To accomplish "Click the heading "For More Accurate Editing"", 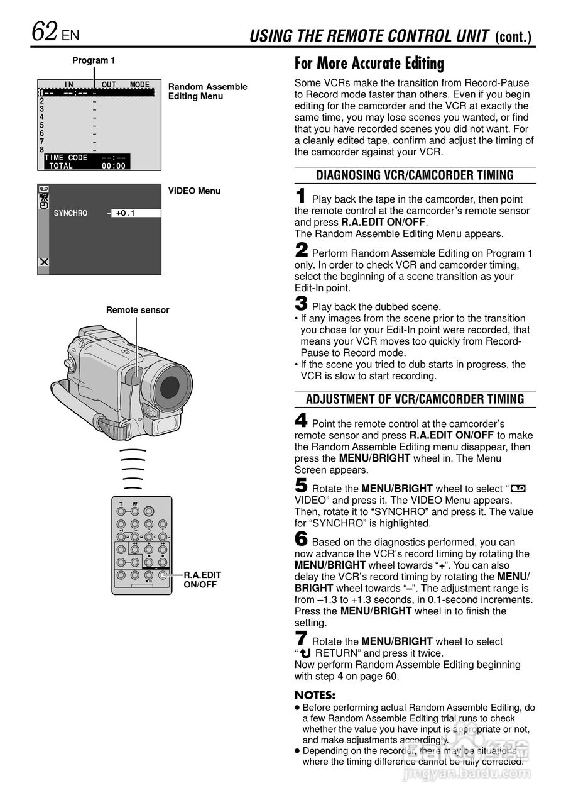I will pos(369,63).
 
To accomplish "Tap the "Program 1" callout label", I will pos(94,60).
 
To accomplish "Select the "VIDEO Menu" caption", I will pos(194,191).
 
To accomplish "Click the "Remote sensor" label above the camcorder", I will pos(138,309).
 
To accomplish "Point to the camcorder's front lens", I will pos(170,384).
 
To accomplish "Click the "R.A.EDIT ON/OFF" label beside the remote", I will pos(202,579).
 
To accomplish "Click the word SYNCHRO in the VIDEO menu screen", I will pos(70,213).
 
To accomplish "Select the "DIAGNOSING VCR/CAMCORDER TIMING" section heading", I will pos(415,175).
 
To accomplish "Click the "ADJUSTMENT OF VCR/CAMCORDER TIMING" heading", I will pos(415,399).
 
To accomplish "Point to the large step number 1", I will pos(301,196).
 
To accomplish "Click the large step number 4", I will pos(301,420).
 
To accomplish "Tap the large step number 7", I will pos(301,638).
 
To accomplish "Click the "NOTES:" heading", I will pos(315,695).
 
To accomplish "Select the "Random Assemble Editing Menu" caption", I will pos(207,91).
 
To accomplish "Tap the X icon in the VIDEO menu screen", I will pos(44,262).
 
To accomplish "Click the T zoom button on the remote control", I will pos(121,511).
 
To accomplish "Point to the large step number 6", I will pos(301,539).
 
